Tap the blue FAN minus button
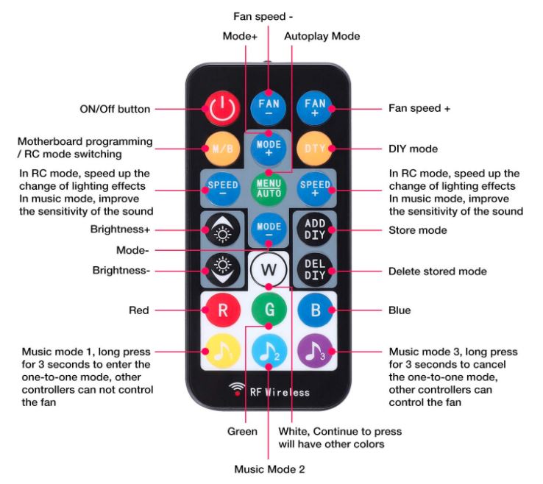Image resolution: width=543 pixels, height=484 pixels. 269,109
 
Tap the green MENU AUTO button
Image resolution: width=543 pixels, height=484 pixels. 269,188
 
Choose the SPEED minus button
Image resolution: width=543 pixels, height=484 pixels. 221,188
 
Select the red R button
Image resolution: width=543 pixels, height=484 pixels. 221,310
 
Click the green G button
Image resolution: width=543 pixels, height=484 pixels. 269,310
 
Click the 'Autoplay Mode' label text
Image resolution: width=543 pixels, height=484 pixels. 322,35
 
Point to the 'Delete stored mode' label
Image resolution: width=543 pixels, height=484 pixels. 437,271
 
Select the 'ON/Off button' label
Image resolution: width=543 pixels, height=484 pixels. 115,109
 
